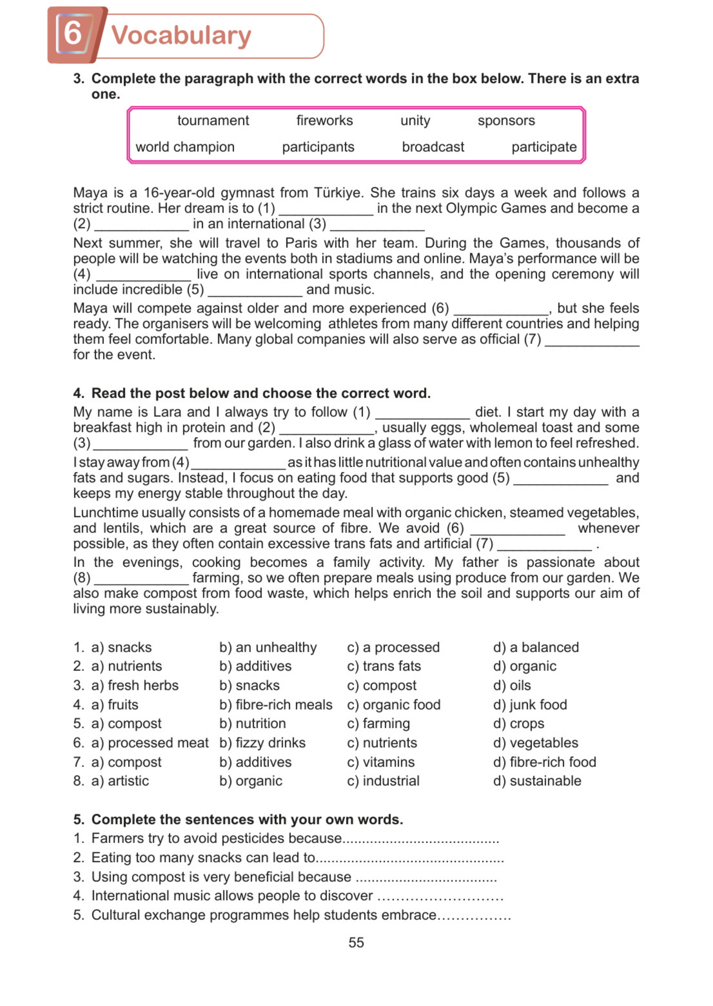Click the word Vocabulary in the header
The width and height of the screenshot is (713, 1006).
coord(181,36)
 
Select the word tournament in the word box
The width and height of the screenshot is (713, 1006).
coord(213,120)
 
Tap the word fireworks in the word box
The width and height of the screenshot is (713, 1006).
coord(324,120)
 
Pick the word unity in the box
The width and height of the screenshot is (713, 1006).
coord(415,121)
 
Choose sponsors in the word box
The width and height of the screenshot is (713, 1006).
coord(506,120)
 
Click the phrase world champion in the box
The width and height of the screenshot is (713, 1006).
coord(185,147)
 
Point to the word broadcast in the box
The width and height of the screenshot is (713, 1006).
coord(433,147)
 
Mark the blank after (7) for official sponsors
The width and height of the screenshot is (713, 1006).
coord(592,341)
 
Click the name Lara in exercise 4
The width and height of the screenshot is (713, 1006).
coord(168,412)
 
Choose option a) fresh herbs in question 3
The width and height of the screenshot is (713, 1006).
coord(135,685)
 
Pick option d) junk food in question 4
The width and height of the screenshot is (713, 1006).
coord(530,705)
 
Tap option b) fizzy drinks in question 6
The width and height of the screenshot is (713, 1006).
coord(262,742)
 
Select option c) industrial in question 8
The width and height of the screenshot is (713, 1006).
coord(383,781)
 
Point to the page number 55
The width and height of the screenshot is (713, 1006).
coord(356,942)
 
